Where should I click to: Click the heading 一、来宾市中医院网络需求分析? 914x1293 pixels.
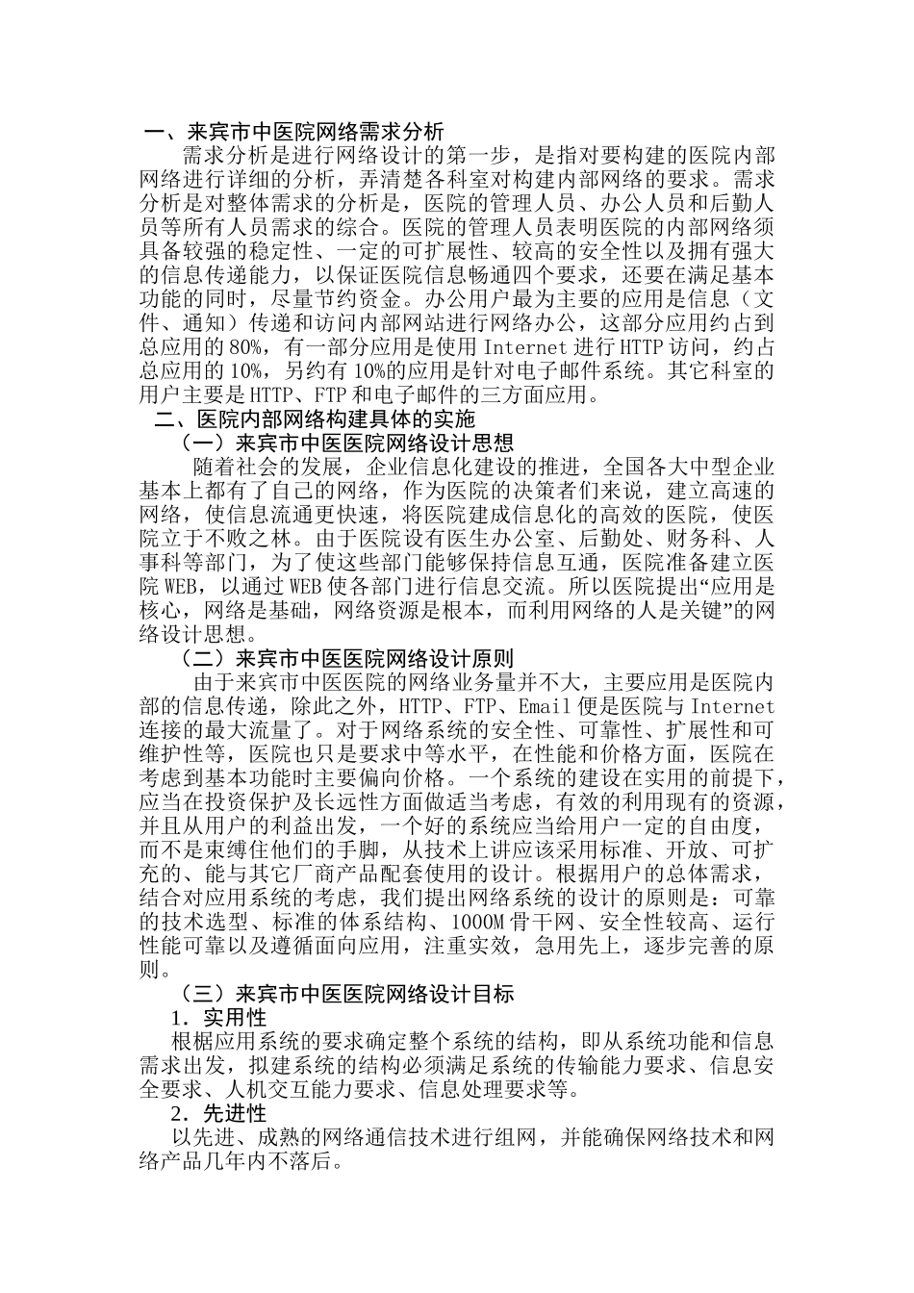293,132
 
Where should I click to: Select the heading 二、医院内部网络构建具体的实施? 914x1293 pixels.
316,419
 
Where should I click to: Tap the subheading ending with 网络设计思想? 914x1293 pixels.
347,444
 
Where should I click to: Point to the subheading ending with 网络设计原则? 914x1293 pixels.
347,659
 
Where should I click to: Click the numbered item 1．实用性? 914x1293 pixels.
218,1018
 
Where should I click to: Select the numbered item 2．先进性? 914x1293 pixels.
218,1114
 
